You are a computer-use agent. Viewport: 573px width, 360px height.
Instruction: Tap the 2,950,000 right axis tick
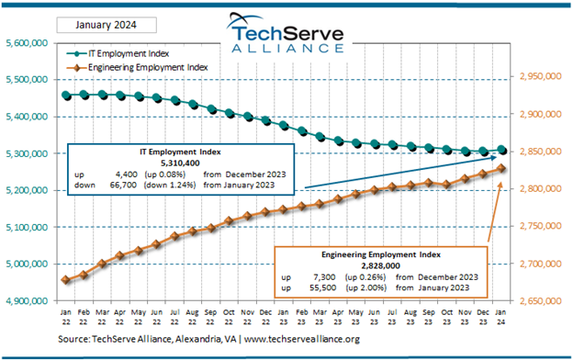coord(542,78)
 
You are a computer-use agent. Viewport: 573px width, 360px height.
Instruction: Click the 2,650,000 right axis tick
coord(542,300)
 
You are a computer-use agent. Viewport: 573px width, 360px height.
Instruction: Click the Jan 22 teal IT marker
coord(65,95)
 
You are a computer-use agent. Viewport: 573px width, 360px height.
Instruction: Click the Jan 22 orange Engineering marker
coord(65,280)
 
